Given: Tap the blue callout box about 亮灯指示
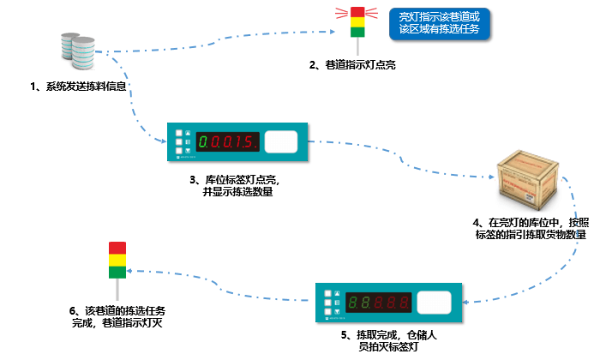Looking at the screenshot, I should click(x=438, y=23).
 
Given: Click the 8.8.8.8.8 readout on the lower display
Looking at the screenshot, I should click(x=376, y=303).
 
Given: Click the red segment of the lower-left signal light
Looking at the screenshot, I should click(x=117, y=249).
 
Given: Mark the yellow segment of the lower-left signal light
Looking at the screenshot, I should click(x=117, y=261).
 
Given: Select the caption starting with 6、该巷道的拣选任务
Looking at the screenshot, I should click(x=117, y=316).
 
